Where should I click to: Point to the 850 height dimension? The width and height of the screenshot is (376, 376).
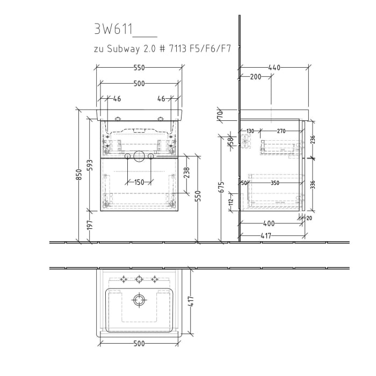pyautogui.click(x=78, y=175)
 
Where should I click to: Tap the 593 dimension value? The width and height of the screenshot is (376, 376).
pyautogui.click(x=90, y=166)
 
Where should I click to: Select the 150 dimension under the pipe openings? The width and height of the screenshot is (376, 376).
pyautogui.click(x=139, y=182)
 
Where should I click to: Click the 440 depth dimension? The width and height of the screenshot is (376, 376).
pyautogui.click(x=274, y=68)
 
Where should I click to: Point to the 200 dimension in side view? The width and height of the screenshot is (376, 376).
pyautogui.click(x=256, y=77)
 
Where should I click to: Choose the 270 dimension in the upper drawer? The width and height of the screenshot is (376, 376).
pyautogui.click(x=281, y=131)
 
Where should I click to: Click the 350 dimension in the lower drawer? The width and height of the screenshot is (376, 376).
pyautogui.click(x=276, y=183)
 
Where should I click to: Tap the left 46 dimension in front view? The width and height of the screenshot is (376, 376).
pyautogui.click(x=117, y=99)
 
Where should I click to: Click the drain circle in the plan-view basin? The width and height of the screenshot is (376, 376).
pyautogui.click(x=140, y=299)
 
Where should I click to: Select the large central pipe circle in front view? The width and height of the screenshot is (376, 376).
pyautogui.click(x=139, y=156)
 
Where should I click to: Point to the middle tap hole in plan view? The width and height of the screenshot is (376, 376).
pyautogui.click(x=140, y=279)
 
